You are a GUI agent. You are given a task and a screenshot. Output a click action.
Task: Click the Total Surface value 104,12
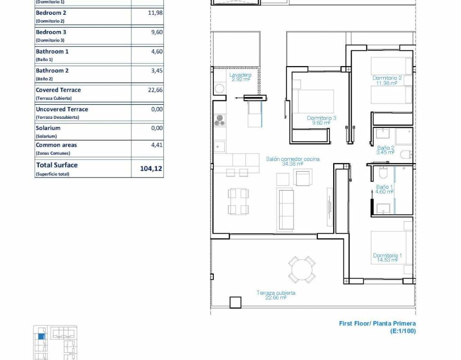pos(151,168)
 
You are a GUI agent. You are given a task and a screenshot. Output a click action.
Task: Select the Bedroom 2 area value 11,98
pos(155,13)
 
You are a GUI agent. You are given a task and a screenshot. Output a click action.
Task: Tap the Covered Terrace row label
pos(58,90)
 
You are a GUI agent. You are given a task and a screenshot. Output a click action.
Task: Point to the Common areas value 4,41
pos(157,145)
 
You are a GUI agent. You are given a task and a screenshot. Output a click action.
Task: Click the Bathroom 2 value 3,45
pos(157,71)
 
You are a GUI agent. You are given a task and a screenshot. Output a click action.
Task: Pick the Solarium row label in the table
pos(48,128)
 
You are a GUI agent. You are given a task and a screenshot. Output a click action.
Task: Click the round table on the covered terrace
pos(302,270)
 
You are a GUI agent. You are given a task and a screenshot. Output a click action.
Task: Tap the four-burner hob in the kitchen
pos(220,120)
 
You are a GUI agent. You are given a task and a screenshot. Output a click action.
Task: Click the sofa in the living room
pos(285,210)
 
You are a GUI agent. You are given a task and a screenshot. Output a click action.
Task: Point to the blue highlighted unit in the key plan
pos(41,336)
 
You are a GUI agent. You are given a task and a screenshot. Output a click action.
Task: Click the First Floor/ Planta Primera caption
pos(377,324)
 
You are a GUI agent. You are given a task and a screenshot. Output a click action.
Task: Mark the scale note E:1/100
pos(403,331)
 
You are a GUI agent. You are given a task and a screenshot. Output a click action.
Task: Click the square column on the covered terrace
pos(235,302)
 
